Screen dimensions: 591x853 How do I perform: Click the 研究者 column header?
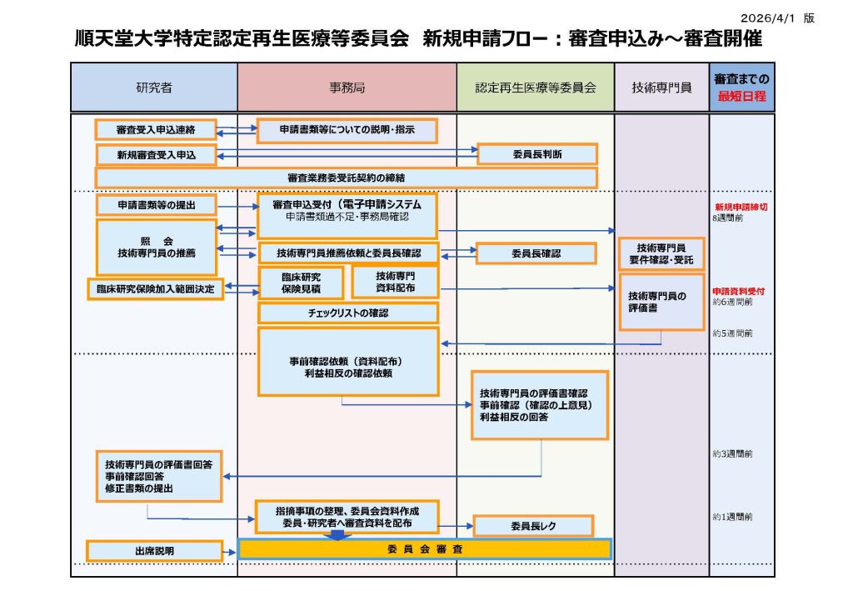click(x=154, y=87)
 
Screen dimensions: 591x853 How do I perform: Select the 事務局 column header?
click(x=347, y=87)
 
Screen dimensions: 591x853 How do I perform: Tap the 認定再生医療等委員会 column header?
click(x=536, y=87)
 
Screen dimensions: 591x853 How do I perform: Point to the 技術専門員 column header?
click(x=661, y=87)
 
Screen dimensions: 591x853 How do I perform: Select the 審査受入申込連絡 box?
click(x=156, y=130)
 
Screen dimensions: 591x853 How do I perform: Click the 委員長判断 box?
click(x=536, y=154)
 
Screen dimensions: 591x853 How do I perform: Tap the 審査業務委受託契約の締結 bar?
click(x=346, y=178)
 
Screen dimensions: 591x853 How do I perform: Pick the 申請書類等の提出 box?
click(x=156, y=205)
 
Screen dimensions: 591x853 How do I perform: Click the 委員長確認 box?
click(x=536, y=253)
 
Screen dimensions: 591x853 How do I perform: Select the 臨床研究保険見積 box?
click(x=301, y=283)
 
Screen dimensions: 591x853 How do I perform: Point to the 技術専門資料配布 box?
click(x=395, y=282)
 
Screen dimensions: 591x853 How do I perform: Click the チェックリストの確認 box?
click(x=347, y=313)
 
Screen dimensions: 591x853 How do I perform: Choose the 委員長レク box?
click(x=533, y=526)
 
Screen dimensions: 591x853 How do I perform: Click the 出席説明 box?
click(x=154, y=551)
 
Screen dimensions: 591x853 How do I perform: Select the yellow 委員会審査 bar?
click(x=425, y=549)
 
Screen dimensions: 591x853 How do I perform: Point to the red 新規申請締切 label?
click(x=741, y=206)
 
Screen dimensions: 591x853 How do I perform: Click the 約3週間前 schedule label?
click(x=733, y=454)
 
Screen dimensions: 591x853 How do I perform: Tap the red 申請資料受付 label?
click(x=739, y=291)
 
